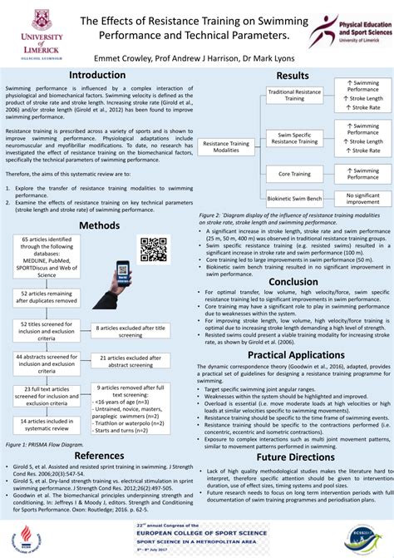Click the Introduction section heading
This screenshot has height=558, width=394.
97,75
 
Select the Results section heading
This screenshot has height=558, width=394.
293,76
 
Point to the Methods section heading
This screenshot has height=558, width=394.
99,225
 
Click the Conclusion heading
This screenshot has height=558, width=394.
293,281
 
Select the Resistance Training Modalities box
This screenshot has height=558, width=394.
226,146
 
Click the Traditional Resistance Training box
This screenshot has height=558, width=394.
295,95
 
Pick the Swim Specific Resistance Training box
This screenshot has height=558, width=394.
295,138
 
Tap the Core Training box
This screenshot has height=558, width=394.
295,173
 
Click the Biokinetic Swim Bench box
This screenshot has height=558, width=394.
295,199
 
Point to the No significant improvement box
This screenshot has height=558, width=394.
362,199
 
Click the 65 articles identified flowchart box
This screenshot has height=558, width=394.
47,261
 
